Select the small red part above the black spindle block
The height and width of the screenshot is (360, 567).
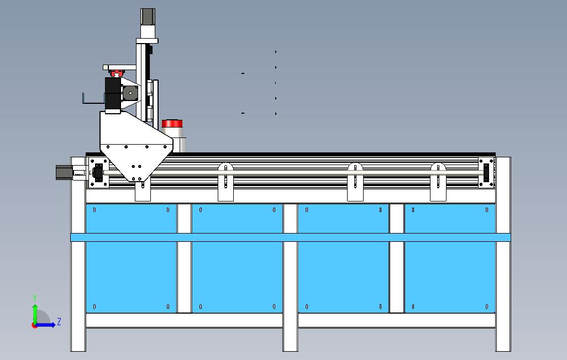(117, 73)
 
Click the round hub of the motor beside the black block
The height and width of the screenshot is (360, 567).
(130, 92)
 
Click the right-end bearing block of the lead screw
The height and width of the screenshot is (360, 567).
(487, 172)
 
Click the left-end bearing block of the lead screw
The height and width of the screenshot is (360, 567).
(99, 173)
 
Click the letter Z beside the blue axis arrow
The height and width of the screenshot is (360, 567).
(59, 321)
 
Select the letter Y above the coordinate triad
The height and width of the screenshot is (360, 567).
(35, 298)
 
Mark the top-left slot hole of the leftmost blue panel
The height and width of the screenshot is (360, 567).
(95, 210)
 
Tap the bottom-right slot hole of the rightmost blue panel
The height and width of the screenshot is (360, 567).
(487, 307)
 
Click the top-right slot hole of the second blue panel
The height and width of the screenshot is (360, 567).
(274, 210)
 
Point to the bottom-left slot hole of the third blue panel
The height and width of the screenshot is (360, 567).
(307, 307)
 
